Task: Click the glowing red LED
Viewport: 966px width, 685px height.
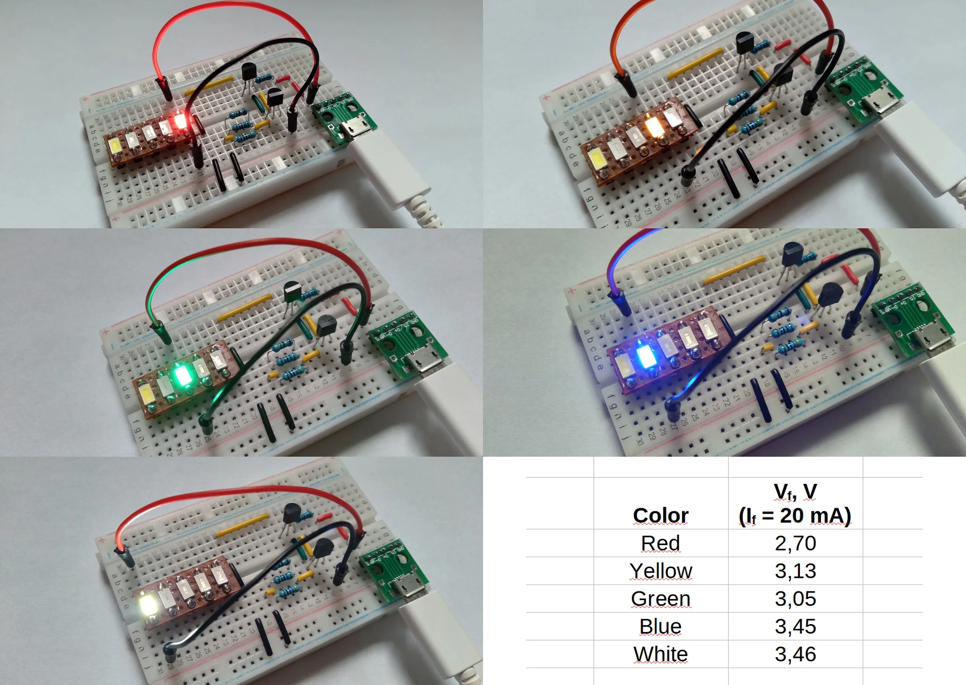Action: click(180, 123)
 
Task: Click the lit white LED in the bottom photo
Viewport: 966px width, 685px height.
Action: click(150, 605)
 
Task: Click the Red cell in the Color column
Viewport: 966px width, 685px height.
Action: click(660, 543)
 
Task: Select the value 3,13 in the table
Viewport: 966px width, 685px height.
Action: click(795, 571)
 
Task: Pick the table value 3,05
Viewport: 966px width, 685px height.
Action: click(795, 598)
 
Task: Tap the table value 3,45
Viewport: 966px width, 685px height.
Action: click(795, 626)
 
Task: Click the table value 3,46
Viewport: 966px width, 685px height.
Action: click(795, 654)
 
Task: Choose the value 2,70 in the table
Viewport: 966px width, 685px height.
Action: click(795, 543)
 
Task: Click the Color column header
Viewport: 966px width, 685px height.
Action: click(660, 515)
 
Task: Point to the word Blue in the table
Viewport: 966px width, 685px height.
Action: click(660, 626)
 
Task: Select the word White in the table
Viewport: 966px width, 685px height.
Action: click(660, 654)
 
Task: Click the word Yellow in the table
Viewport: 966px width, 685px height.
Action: click(660, 571)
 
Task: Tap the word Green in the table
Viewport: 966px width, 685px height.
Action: click(660, 598)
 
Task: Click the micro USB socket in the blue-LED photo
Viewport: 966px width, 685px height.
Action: click(929, 341)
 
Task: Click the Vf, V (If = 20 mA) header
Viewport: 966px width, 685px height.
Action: click(795, 503)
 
